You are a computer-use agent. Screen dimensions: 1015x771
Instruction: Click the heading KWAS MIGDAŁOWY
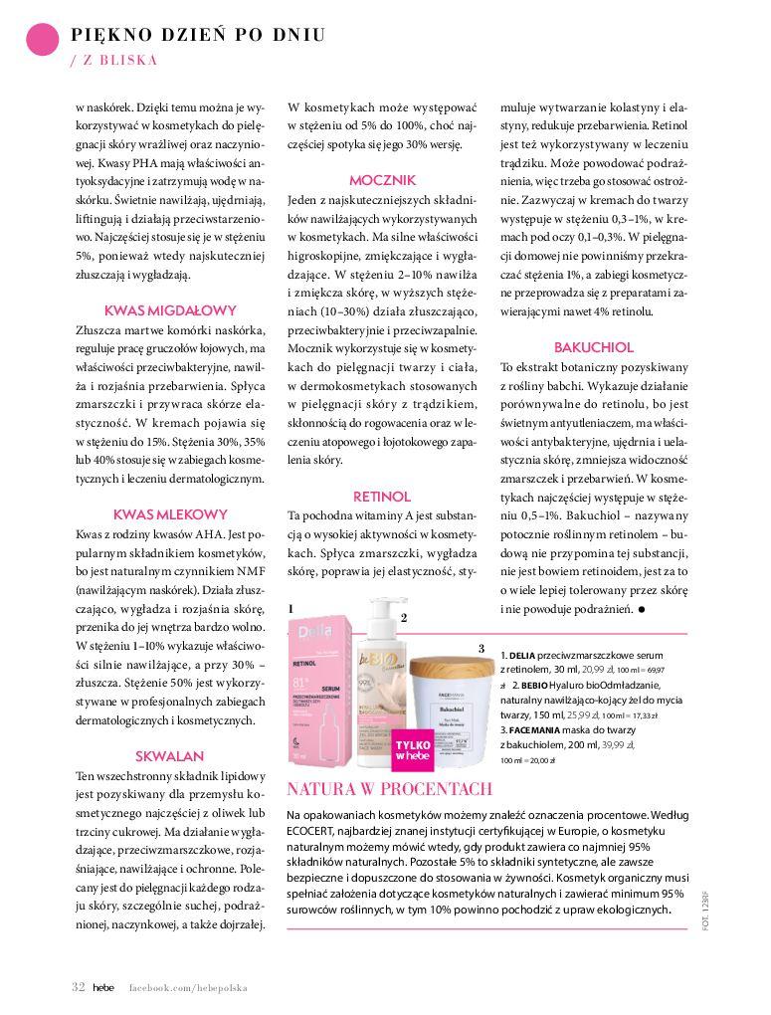point(170,309)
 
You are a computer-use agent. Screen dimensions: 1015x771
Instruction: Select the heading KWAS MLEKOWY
point(170,514)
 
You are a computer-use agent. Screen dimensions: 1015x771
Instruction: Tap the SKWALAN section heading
point(170,755)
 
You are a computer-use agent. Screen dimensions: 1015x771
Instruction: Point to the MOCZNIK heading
point(382,180)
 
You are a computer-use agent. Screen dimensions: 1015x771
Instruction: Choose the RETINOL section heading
point(382,496)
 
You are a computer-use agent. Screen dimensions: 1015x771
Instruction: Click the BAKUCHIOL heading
point(593,347)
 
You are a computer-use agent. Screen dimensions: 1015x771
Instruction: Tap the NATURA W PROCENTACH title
point(389,790)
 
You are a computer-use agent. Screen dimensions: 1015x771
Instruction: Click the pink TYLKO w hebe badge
point(412,749)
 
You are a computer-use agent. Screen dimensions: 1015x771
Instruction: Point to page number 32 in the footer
point(78,987)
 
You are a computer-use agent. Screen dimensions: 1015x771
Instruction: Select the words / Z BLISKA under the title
point(114,60)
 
